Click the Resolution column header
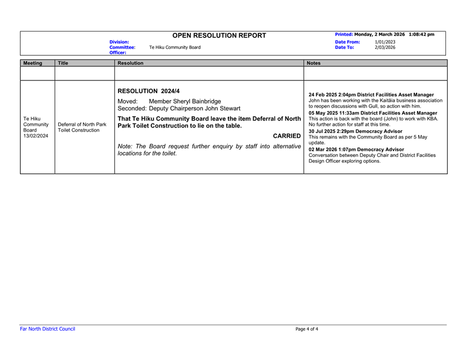[132, 63]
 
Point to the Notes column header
[314, 63]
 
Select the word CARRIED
[283, 136]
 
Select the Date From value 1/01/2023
[385, 42]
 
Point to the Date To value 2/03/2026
[385, 47]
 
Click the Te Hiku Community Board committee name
[175, 47]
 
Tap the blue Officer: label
[117, 52]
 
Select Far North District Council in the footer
[47, 329]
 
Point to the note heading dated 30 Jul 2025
[355, 132]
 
